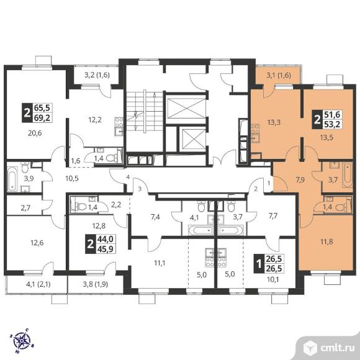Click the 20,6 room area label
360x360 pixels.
35,133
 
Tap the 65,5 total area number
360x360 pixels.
43,107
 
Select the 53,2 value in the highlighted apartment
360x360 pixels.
332,124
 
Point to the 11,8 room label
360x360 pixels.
326,241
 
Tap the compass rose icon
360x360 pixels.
21,341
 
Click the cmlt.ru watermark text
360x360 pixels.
337,349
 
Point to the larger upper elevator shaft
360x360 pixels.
186,108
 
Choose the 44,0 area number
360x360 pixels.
106,239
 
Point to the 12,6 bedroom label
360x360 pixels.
37,243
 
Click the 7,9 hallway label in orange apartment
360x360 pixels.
300,180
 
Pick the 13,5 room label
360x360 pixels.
326,137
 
